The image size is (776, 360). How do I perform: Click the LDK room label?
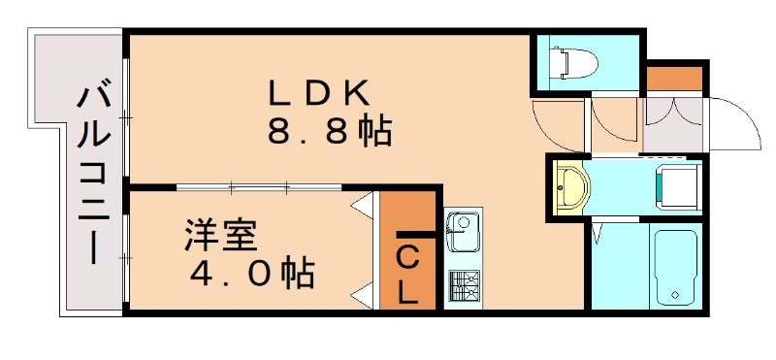(319, 92)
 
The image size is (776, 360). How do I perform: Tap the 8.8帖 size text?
(329, 131)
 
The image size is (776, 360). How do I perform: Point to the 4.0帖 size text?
(251, 275)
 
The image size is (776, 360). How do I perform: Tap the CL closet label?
(408, 275)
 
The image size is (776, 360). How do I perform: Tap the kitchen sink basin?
(462, 232)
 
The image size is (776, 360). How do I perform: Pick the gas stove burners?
(463, 284)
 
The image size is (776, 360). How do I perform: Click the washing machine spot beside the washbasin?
(676, 185)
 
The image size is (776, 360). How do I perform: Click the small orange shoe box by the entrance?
(673, 77)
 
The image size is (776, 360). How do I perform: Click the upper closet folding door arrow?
(364, 206)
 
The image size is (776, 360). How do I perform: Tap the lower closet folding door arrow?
(364, 293)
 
